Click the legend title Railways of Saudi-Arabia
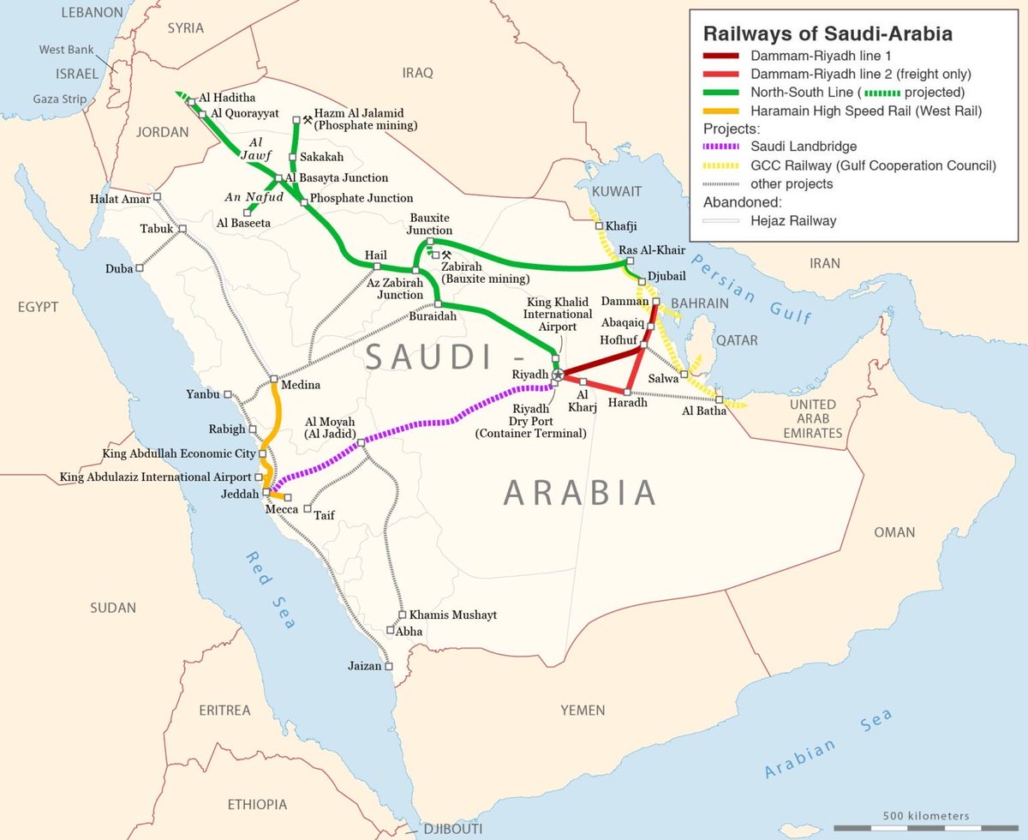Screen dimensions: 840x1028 click(828, 34)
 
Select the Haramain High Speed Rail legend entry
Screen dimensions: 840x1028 click(866, 111)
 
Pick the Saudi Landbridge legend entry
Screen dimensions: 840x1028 click(804, 147)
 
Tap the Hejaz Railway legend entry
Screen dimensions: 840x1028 click(793, 220)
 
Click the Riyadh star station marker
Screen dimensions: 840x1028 click(559, 375)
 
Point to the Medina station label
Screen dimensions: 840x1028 click(300, 385)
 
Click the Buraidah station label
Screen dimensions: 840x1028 click(434, 316)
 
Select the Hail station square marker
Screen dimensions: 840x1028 click(376, 267)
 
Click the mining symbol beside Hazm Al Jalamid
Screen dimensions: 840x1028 click(308, 120)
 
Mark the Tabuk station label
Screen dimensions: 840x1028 click(157, 229)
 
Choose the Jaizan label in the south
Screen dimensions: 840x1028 click(364, 666)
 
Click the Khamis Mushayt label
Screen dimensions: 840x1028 click(452, 615)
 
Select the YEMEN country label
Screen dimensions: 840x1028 click(583, 710)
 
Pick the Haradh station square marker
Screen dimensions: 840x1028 click(627, 392)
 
